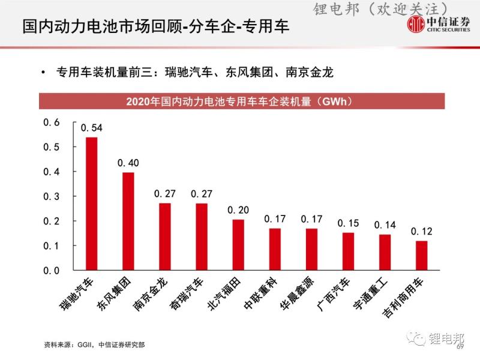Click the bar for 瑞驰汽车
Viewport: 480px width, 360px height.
[x=92, y=204]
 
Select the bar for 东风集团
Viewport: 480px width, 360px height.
[x=128, y=221]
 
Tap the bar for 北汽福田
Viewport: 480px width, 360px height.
[x=238, y=245]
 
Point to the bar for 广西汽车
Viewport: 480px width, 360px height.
[x=348, y=251]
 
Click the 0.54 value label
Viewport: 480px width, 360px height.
[x=92, y=128]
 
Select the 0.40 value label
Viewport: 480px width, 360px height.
[x=128, y=163]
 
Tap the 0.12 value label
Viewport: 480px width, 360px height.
[x=422, y=231]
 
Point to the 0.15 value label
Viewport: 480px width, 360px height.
[x=348, y=223]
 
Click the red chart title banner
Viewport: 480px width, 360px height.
[x=242, y=101]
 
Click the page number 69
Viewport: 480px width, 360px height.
[x=461, y=347]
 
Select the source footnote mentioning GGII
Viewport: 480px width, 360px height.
[x=94, y=346]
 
